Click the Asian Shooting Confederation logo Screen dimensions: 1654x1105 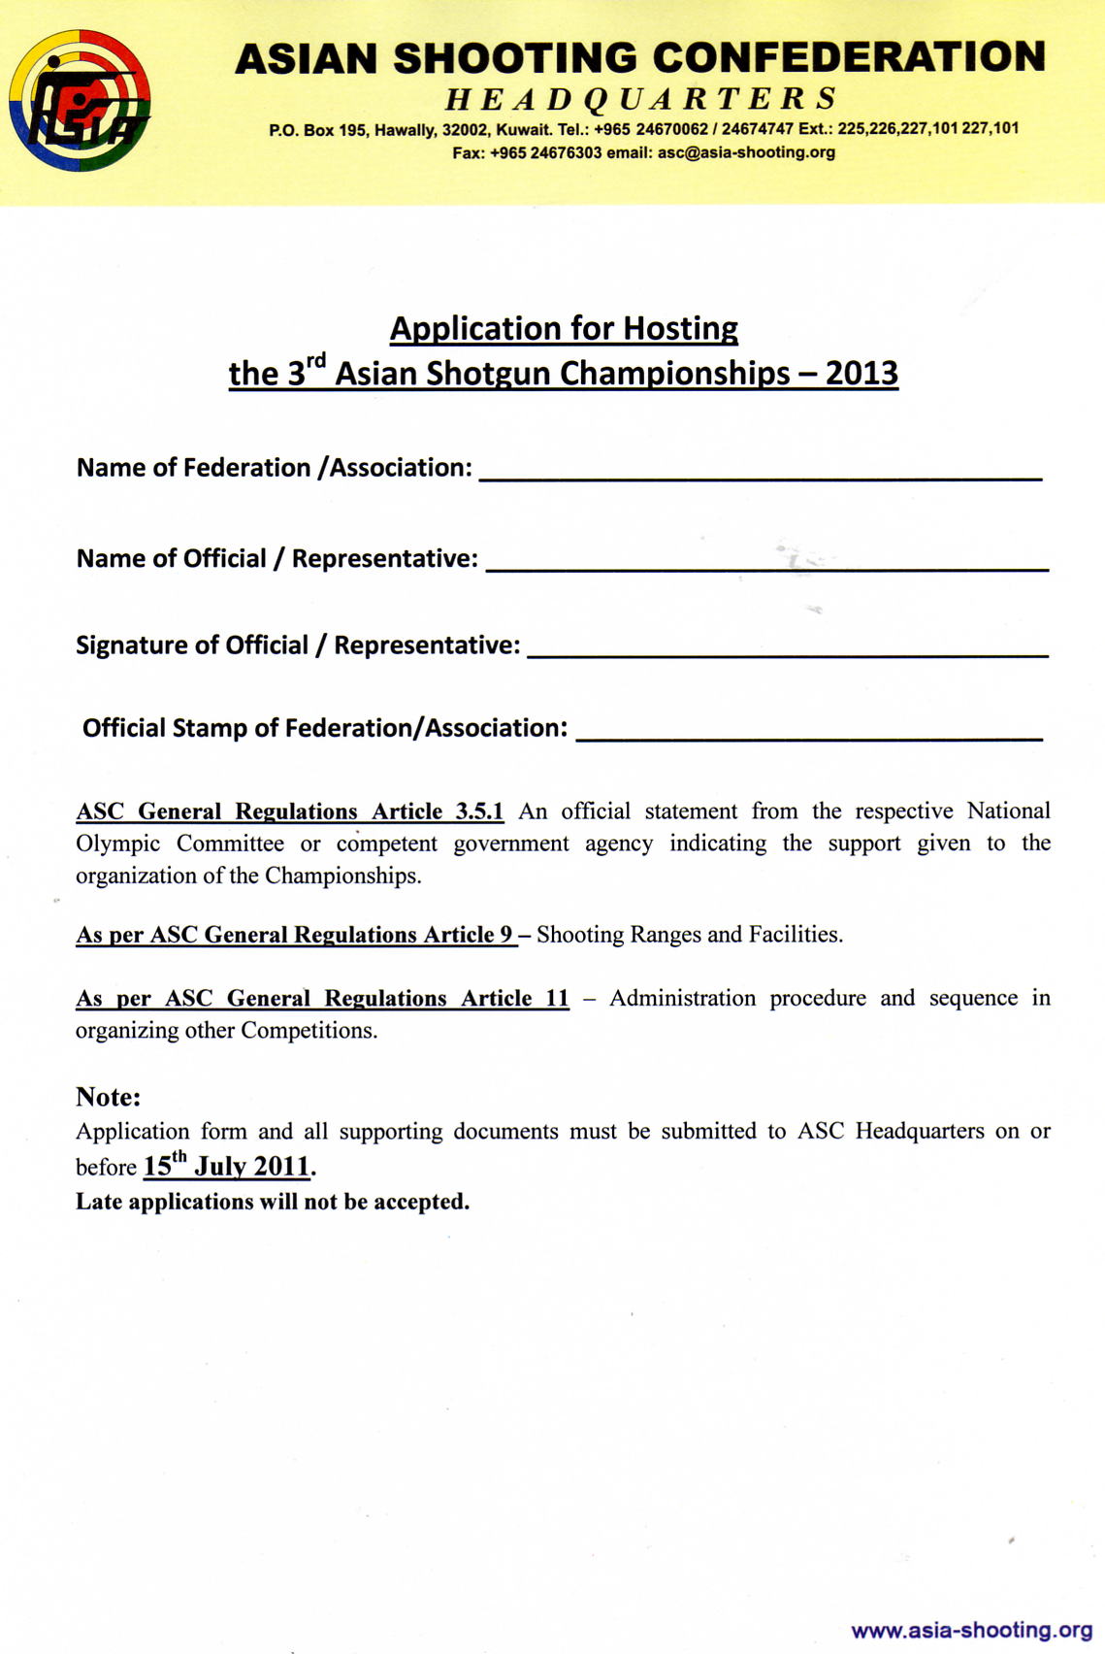click(80, 100)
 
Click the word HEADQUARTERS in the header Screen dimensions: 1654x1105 click(641, 99)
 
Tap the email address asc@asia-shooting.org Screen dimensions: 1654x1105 click(746, 152)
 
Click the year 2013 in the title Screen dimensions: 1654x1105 click(861, 374)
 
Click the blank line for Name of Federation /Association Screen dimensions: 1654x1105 click(761, 476)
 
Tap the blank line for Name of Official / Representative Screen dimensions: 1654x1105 click(766, 567)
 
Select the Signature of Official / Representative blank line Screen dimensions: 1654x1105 click(787, 654)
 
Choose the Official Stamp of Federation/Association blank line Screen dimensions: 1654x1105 click(809, 738)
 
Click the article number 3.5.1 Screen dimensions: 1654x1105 click(479, 811)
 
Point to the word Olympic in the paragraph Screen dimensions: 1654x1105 click(117, 844)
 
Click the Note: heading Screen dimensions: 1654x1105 click(109, 1097)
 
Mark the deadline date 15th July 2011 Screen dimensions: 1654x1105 click(226, 1165)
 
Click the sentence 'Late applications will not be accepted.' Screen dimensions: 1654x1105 click(273, 1202)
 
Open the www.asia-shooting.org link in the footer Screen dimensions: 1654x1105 click(971, 1630)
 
